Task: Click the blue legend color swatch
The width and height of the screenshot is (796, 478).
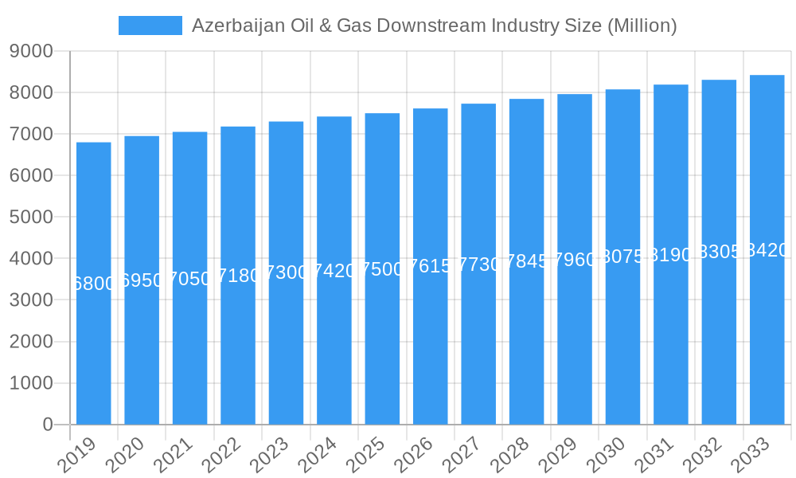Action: click(x=150, y=25)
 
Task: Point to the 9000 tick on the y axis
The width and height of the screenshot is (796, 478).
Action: click(x=31, y=52)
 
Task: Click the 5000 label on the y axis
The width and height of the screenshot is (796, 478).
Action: click(x=31, y=217)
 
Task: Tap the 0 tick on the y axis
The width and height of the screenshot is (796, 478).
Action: click(x=47, y=425)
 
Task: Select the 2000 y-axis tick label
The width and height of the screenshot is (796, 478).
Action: click(x=31, y=342)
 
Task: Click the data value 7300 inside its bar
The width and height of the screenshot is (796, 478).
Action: click(x=286, y=272)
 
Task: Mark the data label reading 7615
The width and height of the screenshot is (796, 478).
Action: click(x=430, y=266)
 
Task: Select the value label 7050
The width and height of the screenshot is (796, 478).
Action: click(x=189, y=278)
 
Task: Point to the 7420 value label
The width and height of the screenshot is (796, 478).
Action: click(x=334, y=271)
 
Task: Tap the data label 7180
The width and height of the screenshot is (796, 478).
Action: click(x=238, y=276)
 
